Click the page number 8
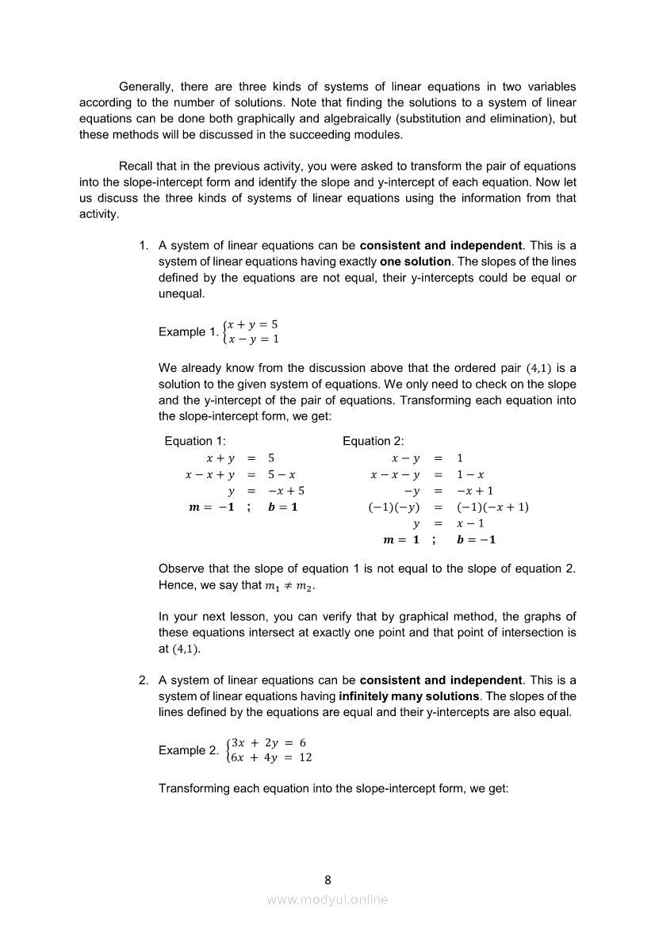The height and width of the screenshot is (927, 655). coord(327,879)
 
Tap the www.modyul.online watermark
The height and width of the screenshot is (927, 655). coord(327,899)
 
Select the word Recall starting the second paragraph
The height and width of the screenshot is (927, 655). coord(136,166)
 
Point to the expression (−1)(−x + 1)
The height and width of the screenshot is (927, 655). coord(492,508)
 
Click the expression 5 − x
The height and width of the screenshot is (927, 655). coord(282,474)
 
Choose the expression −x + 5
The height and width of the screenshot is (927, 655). coord(286,491)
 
